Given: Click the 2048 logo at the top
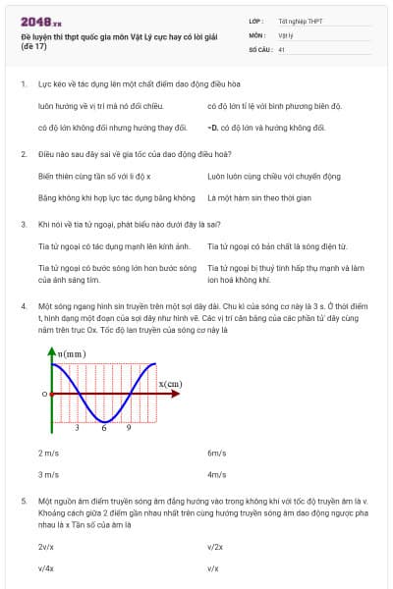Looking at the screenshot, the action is pyautogui.click(x=40, y=19).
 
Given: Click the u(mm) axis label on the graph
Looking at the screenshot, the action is pyautogui.click(x=70, y=351).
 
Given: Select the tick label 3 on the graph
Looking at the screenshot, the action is pyautogui.click(x=78, y=428).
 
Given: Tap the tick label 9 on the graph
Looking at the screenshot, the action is pyautogui.click(x=129, y=428).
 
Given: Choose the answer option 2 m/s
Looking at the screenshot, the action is pyautogui.click(x=47, y=453).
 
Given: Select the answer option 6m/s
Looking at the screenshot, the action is pyautogui.click(x=217, y=453).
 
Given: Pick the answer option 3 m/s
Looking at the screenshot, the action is pyautogui.click(x=47, y=474).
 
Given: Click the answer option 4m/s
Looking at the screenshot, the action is pyautogui.click(x=217, y=474).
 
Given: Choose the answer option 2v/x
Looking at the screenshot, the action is pyautogui.click(x=46, y=546).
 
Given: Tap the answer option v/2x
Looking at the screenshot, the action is pyautogui.click(x=215, y=546).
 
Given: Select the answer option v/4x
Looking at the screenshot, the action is pyautogui.click(x=46, y=567).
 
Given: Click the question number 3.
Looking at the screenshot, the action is pyautogui.click(x=24, y=224).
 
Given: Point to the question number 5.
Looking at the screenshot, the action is pyautogui.click(x=24, y=501).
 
